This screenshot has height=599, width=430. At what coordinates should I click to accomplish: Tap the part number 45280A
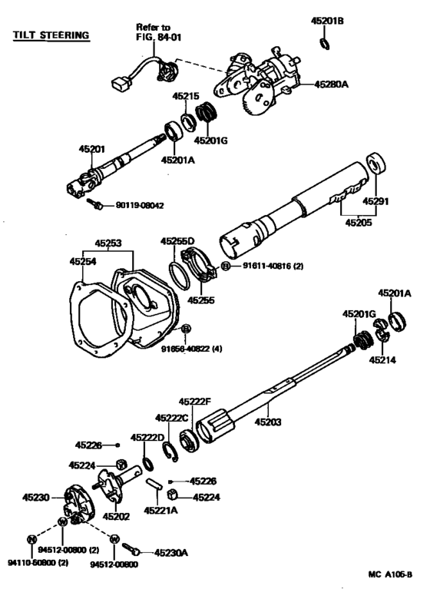click(332, 84)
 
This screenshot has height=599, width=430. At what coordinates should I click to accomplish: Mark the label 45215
click(185, 97)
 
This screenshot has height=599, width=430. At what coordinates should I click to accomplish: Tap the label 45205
click(357, 223)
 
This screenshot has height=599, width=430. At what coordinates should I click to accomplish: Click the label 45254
click(85, 262)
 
